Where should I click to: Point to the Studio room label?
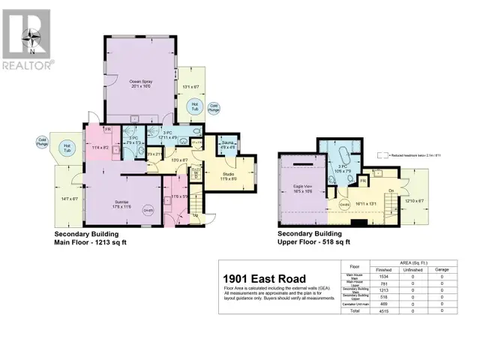(228, 176)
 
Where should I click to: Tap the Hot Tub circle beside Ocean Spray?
(194, 106)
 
